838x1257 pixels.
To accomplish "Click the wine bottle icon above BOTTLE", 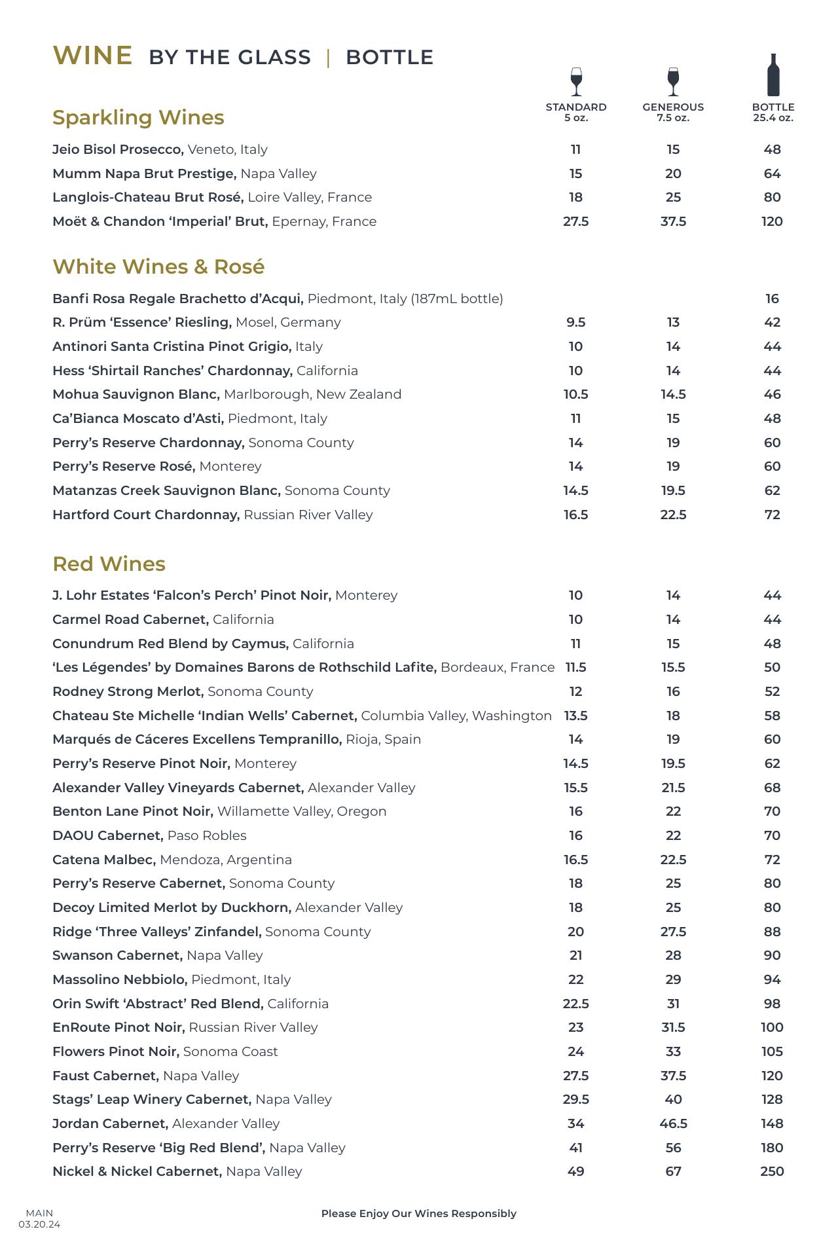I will [773, 75].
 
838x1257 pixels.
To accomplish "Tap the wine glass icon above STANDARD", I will [576, 82].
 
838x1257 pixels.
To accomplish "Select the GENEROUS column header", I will [673, 107].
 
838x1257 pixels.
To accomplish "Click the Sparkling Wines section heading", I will [138, 118].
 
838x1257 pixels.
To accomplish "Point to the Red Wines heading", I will [109, 564].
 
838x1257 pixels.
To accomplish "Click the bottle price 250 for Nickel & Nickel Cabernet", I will [772, 1171].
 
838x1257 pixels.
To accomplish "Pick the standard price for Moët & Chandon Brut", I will [575, 221].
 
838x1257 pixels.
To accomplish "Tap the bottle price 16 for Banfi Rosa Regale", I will [772, 299].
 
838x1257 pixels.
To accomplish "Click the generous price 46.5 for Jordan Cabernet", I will [673, 1123].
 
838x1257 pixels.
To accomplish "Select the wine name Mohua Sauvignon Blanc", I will [136, 394].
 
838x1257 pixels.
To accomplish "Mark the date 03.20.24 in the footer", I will [39, 1224].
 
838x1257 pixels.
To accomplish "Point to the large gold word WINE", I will [92, 56].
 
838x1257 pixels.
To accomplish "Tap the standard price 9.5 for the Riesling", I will [575, 322].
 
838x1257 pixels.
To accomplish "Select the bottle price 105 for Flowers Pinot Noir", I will [772, 1051].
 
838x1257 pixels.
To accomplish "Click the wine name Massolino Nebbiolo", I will [120, 979].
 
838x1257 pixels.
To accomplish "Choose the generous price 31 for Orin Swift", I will [673, 1004].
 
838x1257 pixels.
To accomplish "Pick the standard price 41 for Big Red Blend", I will [575, 1148].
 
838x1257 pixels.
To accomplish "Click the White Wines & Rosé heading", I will [158, 267].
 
